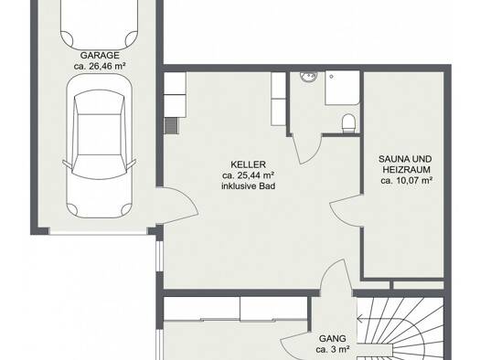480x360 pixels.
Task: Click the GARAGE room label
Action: tap(100, 56)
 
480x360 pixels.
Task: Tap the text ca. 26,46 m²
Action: tap(100, 66)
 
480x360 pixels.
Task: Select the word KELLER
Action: tap(248, 164)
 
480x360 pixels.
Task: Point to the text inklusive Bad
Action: tap(249, 186)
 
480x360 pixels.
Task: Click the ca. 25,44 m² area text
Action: tap(249, 175)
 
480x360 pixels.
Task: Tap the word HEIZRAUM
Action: tap(407, 170)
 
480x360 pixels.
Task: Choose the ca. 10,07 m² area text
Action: tap(407, 181)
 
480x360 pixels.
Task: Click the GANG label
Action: tap(333, 339)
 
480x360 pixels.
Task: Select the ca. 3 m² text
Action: tap(333, 349)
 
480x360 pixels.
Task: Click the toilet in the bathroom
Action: tap(348, 123)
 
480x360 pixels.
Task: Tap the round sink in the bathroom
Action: tap(309, 76)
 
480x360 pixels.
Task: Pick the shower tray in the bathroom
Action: tap(342, 88)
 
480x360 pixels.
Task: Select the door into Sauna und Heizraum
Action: tap(346, 211)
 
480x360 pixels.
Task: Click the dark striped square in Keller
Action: tap(172, 126)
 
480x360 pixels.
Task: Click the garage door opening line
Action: tap(98, 234)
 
